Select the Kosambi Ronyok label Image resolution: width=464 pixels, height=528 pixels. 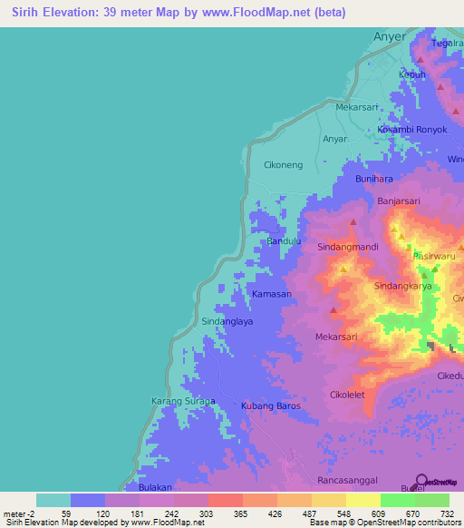click(412, 130)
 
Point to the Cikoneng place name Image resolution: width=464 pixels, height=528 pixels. click(283, 165)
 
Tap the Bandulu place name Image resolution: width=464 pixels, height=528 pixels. click(283, 242)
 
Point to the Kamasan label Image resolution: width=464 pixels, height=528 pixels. click(272, 295)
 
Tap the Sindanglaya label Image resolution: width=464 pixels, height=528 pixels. click(227, 321)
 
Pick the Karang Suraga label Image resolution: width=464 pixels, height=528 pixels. click(182, 401)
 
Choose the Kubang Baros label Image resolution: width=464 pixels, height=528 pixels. click(270, 406)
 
